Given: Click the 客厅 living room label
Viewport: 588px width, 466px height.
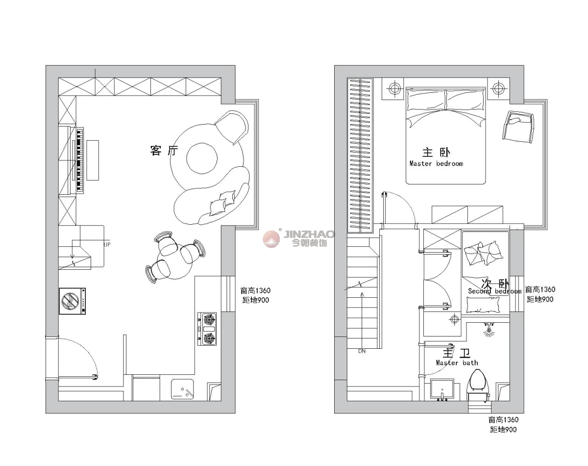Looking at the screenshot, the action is [x=164, y=150].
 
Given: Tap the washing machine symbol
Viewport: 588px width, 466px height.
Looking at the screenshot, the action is [x=73, y=301].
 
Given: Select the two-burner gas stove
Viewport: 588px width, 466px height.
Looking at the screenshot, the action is [x=207, y=329].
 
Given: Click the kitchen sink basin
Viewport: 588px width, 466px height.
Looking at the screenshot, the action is [x=182, y=389].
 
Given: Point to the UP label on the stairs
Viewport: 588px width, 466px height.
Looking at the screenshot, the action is [x=107, y=244].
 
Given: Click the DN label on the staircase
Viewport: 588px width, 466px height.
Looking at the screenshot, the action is [x=362, y=351].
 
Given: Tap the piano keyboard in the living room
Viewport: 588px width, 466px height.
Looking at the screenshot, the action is [x=80, y=160].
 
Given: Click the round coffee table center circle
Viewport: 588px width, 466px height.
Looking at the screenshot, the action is [x=202, y=158].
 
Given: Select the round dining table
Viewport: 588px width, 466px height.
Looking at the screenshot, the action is [x=175, y=261].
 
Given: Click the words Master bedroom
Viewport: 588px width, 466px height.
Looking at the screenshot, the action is [x=437, y=164].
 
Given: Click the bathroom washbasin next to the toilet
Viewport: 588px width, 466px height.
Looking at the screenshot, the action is [x=442, y=388].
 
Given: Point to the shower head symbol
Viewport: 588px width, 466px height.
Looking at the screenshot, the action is [x=489, y=330].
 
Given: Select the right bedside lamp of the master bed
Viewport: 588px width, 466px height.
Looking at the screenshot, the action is [x=498, y=88].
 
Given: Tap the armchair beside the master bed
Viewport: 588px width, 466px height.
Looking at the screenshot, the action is [x=518, y=127].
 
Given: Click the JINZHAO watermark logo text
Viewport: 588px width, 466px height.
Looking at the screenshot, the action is [x=309, y=234].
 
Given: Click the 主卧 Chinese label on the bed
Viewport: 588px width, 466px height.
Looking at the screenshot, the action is [x=436, y=153].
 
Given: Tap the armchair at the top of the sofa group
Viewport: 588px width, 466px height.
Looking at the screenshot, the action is [x=232, y=127].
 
